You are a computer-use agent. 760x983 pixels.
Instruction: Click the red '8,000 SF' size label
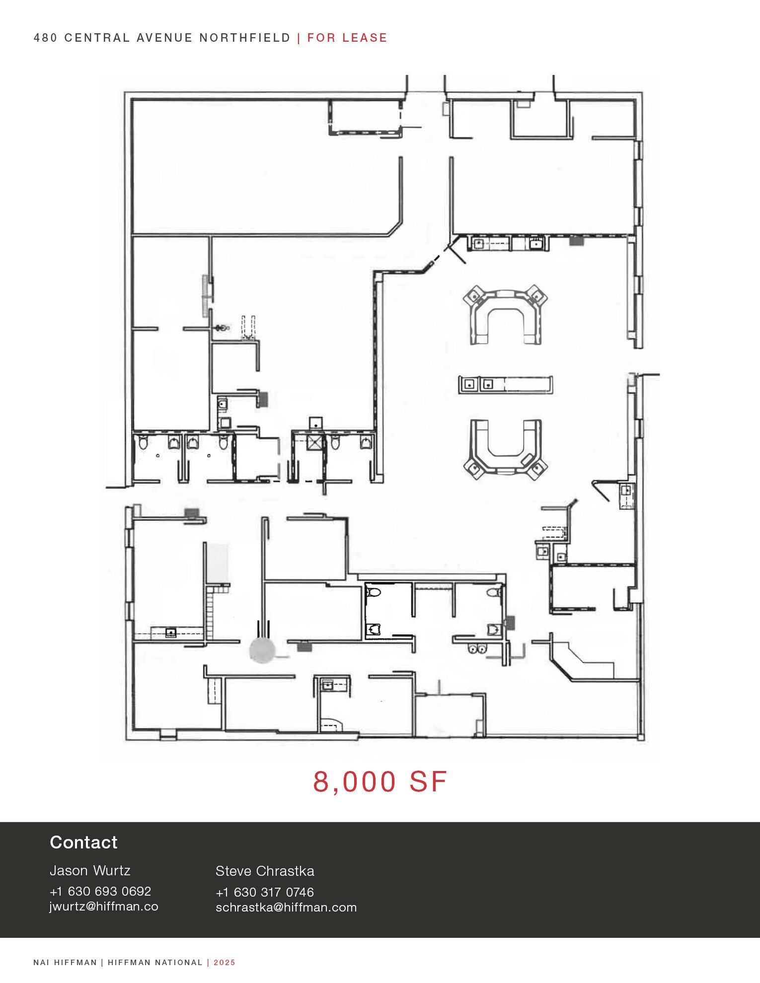(380, 782)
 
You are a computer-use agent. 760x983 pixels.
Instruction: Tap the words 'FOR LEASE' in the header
(347, 38)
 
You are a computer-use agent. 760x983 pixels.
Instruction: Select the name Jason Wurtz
(90, 871)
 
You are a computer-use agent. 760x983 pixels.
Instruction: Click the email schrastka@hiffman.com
(286, 908)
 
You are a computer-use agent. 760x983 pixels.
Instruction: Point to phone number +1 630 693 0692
(100, 891)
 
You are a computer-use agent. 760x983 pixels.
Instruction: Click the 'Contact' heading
(83, 843)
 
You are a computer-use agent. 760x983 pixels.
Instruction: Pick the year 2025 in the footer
(225, 962)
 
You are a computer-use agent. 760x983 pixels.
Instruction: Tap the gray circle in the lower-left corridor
(262, 650)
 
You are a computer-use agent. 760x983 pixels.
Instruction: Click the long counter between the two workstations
(505, 385)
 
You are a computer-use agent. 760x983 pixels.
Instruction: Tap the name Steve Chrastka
(265, 871)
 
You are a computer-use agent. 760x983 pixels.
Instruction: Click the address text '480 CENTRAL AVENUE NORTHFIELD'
(162, 38)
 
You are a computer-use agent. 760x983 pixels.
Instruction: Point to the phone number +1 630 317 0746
(265, 892)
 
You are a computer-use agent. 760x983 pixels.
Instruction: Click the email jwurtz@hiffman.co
(104, 907)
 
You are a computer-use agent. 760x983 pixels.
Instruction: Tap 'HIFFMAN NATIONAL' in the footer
(155, 962)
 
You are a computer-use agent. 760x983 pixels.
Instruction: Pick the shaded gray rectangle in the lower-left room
(218, 561)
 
